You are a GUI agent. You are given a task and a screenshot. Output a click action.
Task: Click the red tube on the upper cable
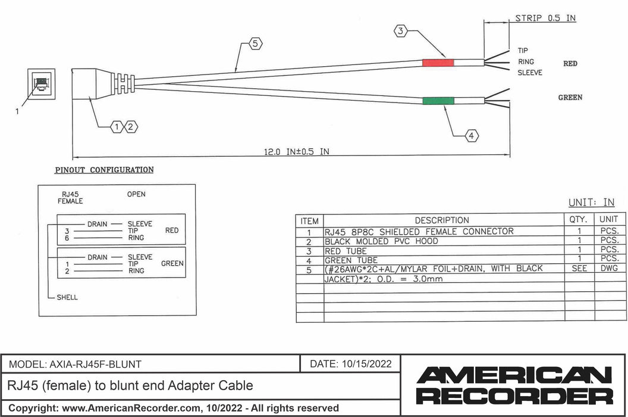pos(438,63)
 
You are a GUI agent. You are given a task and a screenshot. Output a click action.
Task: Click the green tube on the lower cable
pos(438,101)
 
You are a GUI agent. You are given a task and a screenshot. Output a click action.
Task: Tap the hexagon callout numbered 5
pos(256,43)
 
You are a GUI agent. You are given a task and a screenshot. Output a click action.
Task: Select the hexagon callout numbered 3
pos(402,31)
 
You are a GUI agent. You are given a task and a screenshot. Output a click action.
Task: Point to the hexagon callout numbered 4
pos(471,136)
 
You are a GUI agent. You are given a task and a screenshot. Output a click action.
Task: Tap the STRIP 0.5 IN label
pos(545,18)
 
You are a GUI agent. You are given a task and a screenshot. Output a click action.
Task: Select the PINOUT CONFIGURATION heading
pos(104,170)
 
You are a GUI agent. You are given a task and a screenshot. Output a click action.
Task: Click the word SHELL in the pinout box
pos(67,297)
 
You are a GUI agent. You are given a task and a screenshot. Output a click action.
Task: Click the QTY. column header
pos(579,219)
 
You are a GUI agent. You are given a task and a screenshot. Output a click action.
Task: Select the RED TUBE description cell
pos(346,251)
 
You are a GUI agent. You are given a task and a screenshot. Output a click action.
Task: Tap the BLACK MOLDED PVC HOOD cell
pos(381,241)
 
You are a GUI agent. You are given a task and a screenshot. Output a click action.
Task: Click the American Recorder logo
pos(514,385)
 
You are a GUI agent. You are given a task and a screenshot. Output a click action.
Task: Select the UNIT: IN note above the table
pos(591,203)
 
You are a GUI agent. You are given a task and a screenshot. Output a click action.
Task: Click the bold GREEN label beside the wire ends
pos(570,97)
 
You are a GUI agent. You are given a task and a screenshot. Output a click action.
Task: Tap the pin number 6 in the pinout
pos(68,237)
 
